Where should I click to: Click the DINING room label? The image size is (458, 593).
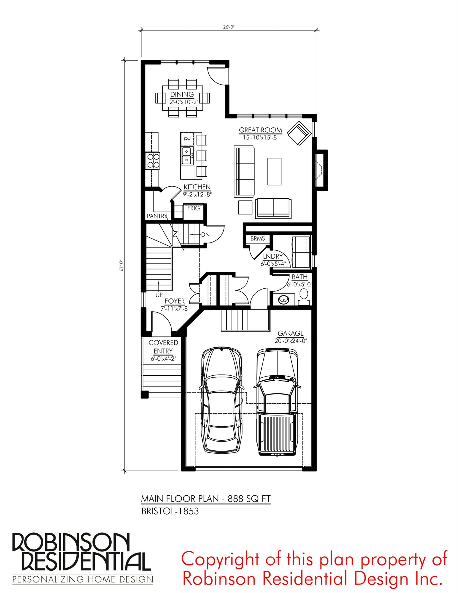(x=182, y=94)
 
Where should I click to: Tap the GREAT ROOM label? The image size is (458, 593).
(x=260, y=130)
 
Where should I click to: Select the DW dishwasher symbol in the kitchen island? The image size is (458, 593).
(x=187, y=139)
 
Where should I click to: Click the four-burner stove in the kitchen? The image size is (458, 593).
(x=153, y=160)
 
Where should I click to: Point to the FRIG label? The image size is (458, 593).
(x=194, y=208)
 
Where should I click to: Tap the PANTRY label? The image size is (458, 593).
(x=157, y=216)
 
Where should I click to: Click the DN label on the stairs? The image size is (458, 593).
(x=205, y=235)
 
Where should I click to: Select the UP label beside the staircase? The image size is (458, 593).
(x=159, y=295)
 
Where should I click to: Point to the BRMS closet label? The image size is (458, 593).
(x=258, y=238)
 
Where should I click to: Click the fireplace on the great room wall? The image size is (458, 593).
(x=321, y=170)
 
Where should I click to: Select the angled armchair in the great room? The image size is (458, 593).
(x=299, y=133)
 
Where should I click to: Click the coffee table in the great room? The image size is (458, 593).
(x=274, y=171)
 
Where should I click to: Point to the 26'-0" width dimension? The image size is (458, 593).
(x=229, y=27)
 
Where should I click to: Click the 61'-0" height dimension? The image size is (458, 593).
(x=121, y=265)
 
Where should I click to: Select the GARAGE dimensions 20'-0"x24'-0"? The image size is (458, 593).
(x=291, y=341)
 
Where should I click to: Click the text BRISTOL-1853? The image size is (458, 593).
(x=170, y=511)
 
